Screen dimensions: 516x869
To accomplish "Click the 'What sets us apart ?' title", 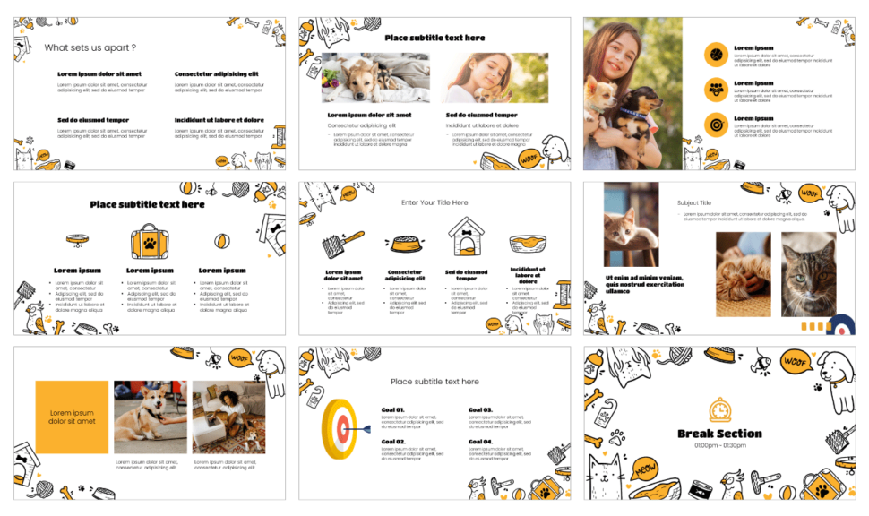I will (90, 47).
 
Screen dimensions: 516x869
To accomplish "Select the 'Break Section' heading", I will (719, 434).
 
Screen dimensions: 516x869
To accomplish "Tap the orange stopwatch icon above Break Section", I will (719, 409).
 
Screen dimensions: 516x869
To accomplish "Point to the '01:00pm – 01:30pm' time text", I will (719, 445).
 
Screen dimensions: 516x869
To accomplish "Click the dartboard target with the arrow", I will (340, 428).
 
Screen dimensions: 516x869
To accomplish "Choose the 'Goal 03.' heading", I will (480, 410).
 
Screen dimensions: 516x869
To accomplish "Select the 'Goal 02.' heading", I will (393, 442).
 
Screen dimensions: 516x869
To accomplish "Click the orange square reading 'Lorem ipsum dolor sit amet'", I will (72, 417).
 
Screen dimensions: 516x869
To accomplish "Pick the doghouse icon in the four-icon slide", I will (465, 237).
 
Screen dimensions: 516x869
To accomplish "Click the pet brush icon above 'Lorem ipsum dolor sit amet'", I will (343, 241).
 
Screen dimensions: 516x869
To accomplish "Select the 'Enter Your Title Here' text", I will (434, 202).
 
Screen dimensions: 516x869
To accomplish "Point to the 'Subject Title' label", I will (694, 203).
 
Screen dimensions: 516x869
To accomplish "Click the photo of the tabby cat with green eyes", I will (808, 275).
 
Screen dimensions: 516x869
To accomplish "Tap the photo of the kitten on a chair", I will (631, 224).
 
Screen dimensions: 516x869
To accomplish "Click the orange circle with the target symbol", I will (716, 125).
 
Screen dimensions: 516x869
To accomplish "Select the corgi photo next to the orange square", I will (151, 417).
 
